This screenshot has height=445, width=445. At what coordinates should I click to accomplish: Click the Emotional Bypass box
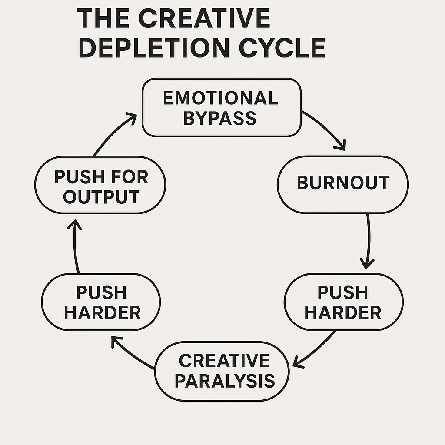tap(222, 107)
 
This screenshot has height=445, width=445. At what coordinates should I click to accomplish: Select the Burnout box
tap(343, 184)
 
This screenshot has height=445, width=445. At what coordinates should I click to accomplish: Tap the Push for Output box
tap(100, 187)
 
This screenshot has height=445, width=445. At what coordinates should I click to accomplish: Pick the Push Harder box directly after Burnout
tap(343, 302)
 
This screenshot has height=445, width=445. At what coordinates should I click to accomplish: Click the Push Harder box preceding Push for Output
tap(101, 302)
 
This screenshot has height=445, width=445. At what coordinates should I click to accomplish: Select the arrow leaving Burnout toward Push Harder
tap(369, 241)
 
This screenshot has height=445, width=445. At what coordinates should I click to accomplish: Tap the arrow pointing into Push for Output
tap(76, 246)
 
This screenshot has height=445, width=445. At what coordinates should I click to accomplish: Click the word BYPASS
tap(220, 118)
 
